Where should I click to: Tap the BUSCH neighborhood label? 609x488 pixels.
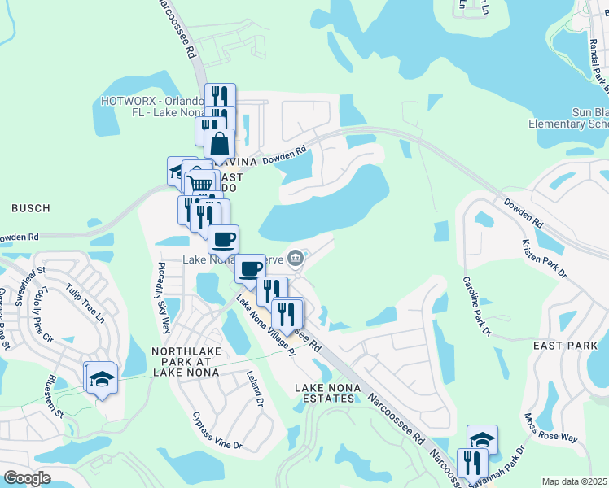(30, 209)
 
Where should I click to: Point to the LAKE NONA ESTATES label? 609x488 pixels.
(326, 392)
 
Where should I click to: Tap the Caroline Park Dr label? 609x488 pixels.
(478, 306)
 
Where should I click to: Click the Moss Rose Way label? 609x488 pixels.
(550, 427)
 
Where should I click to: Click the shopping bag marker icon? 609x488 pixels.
(219, 144)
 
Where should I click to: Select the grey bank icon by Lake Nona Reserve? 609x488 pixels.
(296, 259)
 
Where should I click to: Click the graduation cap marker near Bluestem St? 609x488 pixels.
(102, 378)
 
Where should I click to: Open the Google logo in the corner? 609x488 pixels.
(27, 477)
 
